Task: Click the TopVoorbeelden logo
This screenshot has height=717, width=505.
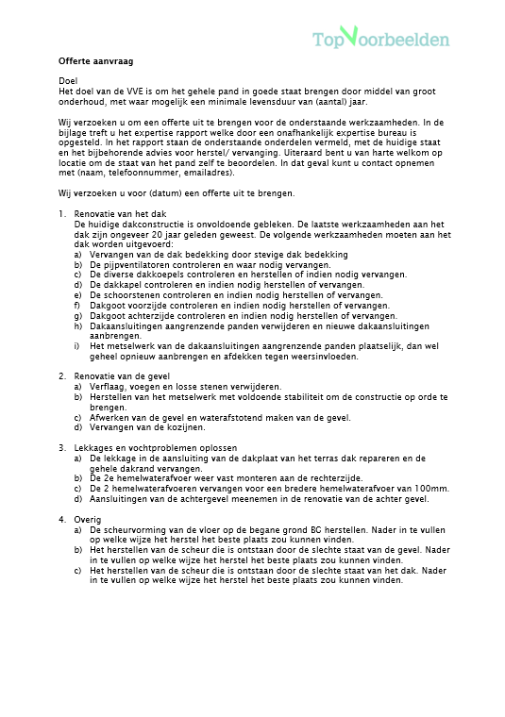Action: coord(381,38)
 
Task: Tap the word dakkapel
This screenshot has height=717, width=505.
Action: coord(123,284)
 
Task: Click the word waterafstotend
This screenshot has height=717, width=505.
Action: coord(236,417)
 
